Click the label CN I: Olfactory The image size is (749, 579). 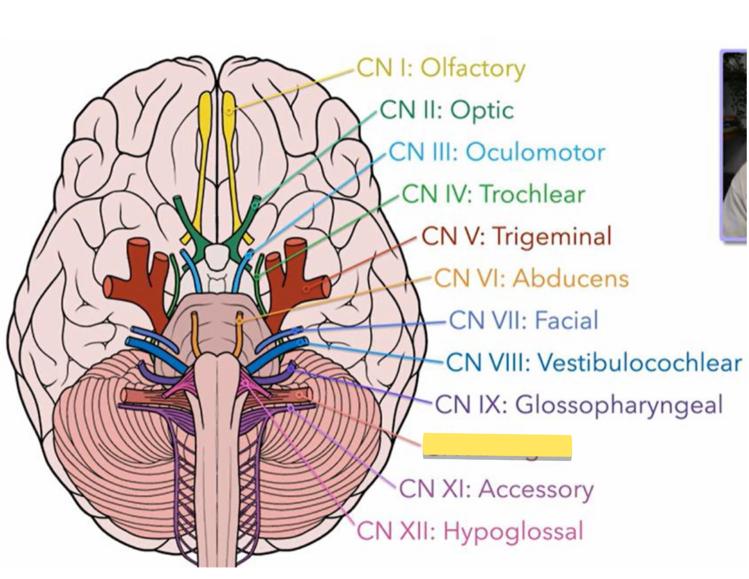coord(441,69)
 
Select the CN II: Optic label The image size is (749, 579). coord(447,110)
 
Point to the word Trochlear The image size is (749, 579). coord(533,194)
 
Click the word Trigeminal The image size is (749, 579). coord(552,236)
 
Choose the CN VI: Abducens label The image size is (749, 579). coord(531,278)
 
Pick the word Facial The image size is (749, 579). coord(566,320)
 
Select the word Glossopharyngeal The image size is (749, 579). coord(619,405)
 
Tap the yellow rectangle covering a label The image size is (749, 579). coord(497,446)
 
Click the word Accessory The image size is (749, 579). coord(536,489)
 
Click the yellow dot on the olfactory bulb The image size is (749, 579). coord(230,110)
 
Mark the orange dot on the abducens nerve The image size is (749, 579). coord(239,321)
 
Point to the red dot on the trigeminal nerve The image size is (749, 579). coord(306,288)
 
